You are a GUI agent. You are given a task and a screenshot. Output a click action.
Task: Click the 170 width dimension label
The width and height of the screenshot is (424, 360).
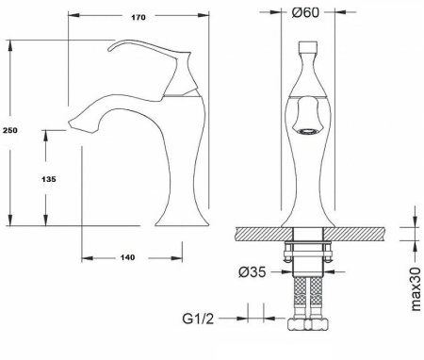click(139, 17)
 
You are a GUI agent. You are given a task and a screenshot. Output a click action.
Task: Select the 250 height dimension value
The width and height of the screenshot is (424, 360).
click(10, 130)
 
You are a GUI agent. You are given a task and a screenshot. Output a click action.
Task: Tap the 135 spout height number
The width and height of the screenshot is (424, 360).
click(49, 179)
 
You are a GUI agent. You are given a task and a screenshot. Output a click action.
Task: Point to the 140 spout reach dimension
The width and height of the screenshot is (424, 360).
click(127, 257)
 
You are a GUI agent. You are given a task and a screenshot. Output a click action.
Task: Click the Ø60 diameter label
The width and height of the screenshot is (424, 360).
click(305, 12)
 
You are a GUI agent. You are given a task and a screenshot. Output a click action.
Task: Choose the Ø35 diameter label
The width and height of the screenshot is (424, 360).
click(253, 272)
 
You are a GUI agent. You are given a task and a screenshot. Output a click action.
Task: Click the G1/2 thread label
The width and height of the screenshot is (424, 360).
click(198, 319)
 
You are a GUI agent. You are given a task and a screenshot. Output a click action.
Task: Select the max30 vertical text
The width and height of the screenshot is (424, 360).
click(416, 289)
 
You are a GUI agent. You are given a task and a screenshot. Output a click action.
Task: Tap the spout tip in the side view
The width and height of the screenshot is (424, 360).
click(70, 123)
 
